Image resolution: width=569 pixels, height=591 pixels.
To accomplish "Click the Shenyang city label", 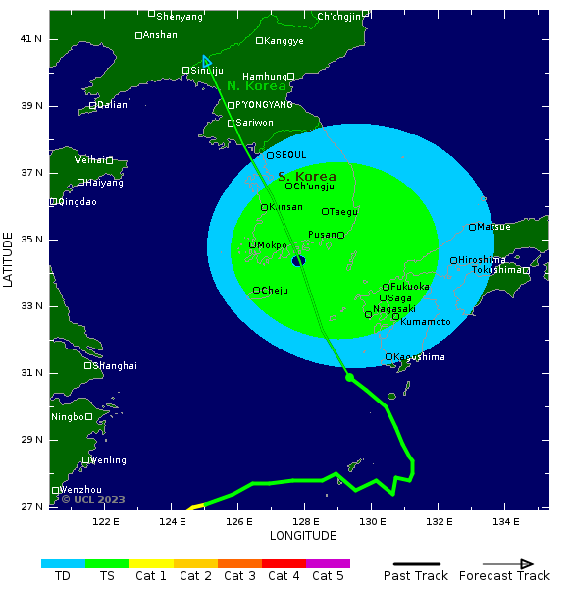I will click(180, 16).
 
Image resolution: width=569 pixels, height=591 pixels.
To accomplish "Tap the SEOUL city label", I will click(290, 155).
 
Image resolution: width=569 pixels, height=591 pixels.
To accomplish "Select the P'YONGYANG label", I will click(264, 105).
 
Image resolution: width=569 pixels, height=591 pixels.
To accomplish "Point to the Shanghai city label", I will click(115, 366).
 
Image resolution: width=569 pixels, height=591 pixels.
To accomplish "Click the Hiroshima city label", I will click(482, 260).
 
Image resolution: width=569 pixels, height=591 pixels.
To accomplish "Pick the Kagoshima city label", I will click(419, 357).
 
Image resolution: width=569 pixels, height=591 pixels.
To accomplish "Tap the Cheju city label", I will click(275, 291).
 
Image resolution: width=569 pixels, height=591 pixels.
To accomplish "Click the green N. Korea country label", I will click(257, 86).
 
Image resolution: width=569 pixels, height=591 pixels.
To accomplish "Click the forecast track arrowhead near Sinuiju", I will click(207, 62).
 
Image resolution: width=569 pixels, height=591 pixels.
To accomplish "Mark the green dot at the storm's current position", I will click(349, 377).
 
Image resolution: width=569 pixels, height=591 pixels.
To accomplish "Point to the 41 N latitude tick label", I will click(31, 39).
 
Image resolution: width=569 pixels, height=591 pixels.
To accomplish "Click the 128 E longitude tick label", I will click(305, 521).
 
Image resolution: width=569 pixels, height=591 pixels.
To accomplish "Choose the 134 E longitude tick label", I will click(505, 521).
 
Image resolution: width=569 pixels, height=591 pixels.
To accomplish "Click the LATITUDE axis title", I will click(9, 259).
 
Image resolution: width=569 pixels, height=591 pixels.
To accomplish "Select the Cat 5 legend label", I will click(328, 576).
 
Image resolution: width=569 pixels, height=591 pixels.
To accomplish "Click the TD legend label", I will click(63, 576).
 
